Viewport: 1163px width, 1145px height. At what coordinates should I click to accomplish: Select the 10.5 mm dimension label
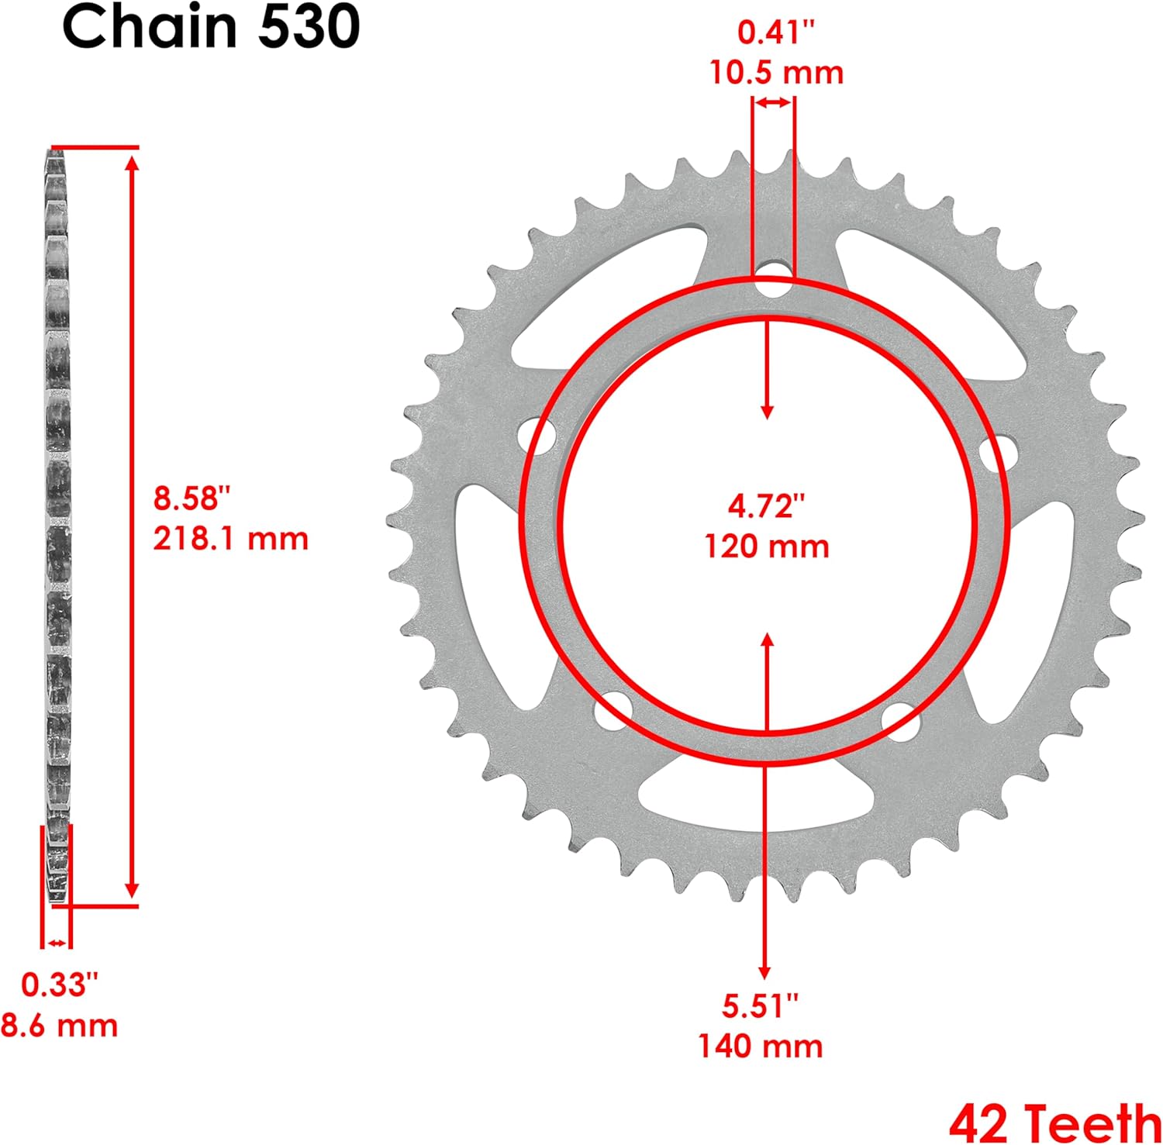pyautogui.click(x=776, y=73)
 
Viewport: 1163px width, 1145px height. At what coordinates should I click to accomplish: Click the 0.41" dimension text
pyautogui.click(x=776, y=33)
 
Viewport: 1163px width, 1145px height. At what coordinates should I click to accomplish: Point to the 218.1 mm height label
pyautogui.click(x=230, y=539)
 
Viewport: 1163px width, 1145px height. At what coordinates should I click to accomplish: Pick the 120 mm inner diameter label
pyautogui.click(x=766, y=547)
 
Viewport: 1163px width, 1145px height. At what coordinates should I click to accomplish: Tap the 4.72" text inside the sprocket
pyautogui.click(x=766, y=505)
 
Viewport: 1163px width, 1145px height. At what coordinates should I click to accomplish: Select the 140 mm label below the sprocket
pyautogui.click(x=760, y=1047)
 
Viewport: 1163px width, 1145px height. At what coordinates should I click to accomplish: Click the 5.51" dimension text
pyautogui.click(x=760, y=1006)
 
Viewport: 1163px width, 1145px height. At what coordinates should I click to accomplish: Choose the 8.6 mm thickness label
pyautogui.click(x=59, y=1026)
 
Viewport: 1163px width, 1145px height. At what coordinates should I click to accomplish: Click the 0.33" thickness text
pyautogui.click(x=59, y=985)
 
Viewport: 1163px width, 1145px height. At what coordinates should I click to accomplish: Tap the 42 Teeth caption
pyautogui.click(x=1054, y=1122)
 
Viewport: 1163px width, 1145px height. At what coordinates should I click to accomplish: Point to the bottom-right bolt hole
pyautogui.click(x=901, y=719)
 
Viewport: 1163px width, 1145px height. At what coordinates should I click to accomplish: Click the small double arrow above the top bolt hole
pyautogui.click(x=773, y=102)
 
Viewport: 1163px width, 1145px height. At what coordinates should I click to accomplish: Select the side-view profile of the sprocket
pyautogui.click(x=57, y=527)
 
